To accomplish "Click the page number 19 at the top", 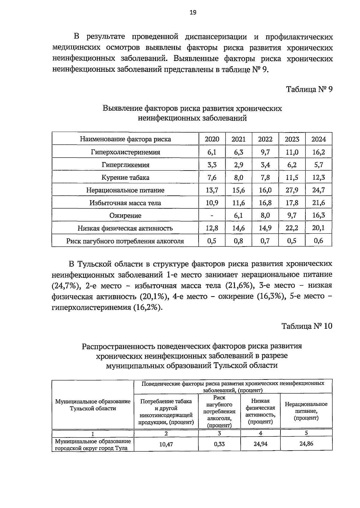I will point(193,12).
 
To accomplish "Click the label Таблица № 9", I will point(309,89).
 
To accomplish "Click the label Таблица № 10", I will point(307,326).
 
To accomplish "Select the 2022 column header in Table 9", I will point(265,139).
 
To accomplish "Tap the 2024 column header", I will point(318,139).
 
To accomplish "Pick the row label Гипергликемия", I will point(125,165).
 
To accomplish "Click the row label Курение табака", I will point(125,177).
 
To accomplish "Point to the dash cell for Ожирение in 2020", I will point(212,216).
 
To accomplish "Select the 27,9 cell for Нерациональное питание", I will point(292,190).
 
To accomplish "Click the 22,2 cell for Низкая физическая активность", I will point(292,228).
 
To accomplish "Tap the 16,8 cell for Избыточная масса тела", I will point(265,203).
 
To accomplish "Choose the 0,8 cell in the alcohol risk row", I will point(238,241).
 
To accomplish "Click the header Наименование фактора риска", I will point(125,139).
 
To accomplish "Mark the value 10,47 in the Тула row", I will point(166,444).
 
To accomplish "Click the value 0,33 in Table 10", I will point(219,444).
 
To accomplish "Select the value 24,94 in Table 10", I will point(260,444).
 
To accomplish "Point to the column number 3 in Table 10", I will point(219,433).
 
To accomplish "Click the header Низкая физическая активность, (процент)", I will point(260,411).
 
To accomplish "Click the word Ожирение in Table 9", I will point(125,216).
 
